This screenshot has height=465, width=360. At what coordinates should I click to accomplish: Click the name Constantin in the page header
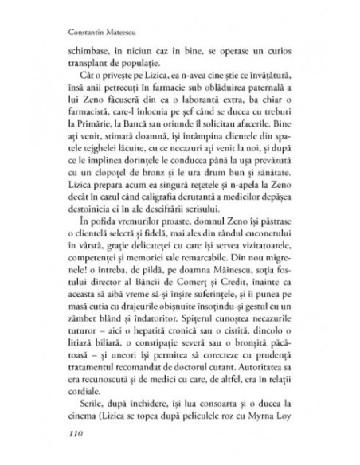[82, 35]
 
